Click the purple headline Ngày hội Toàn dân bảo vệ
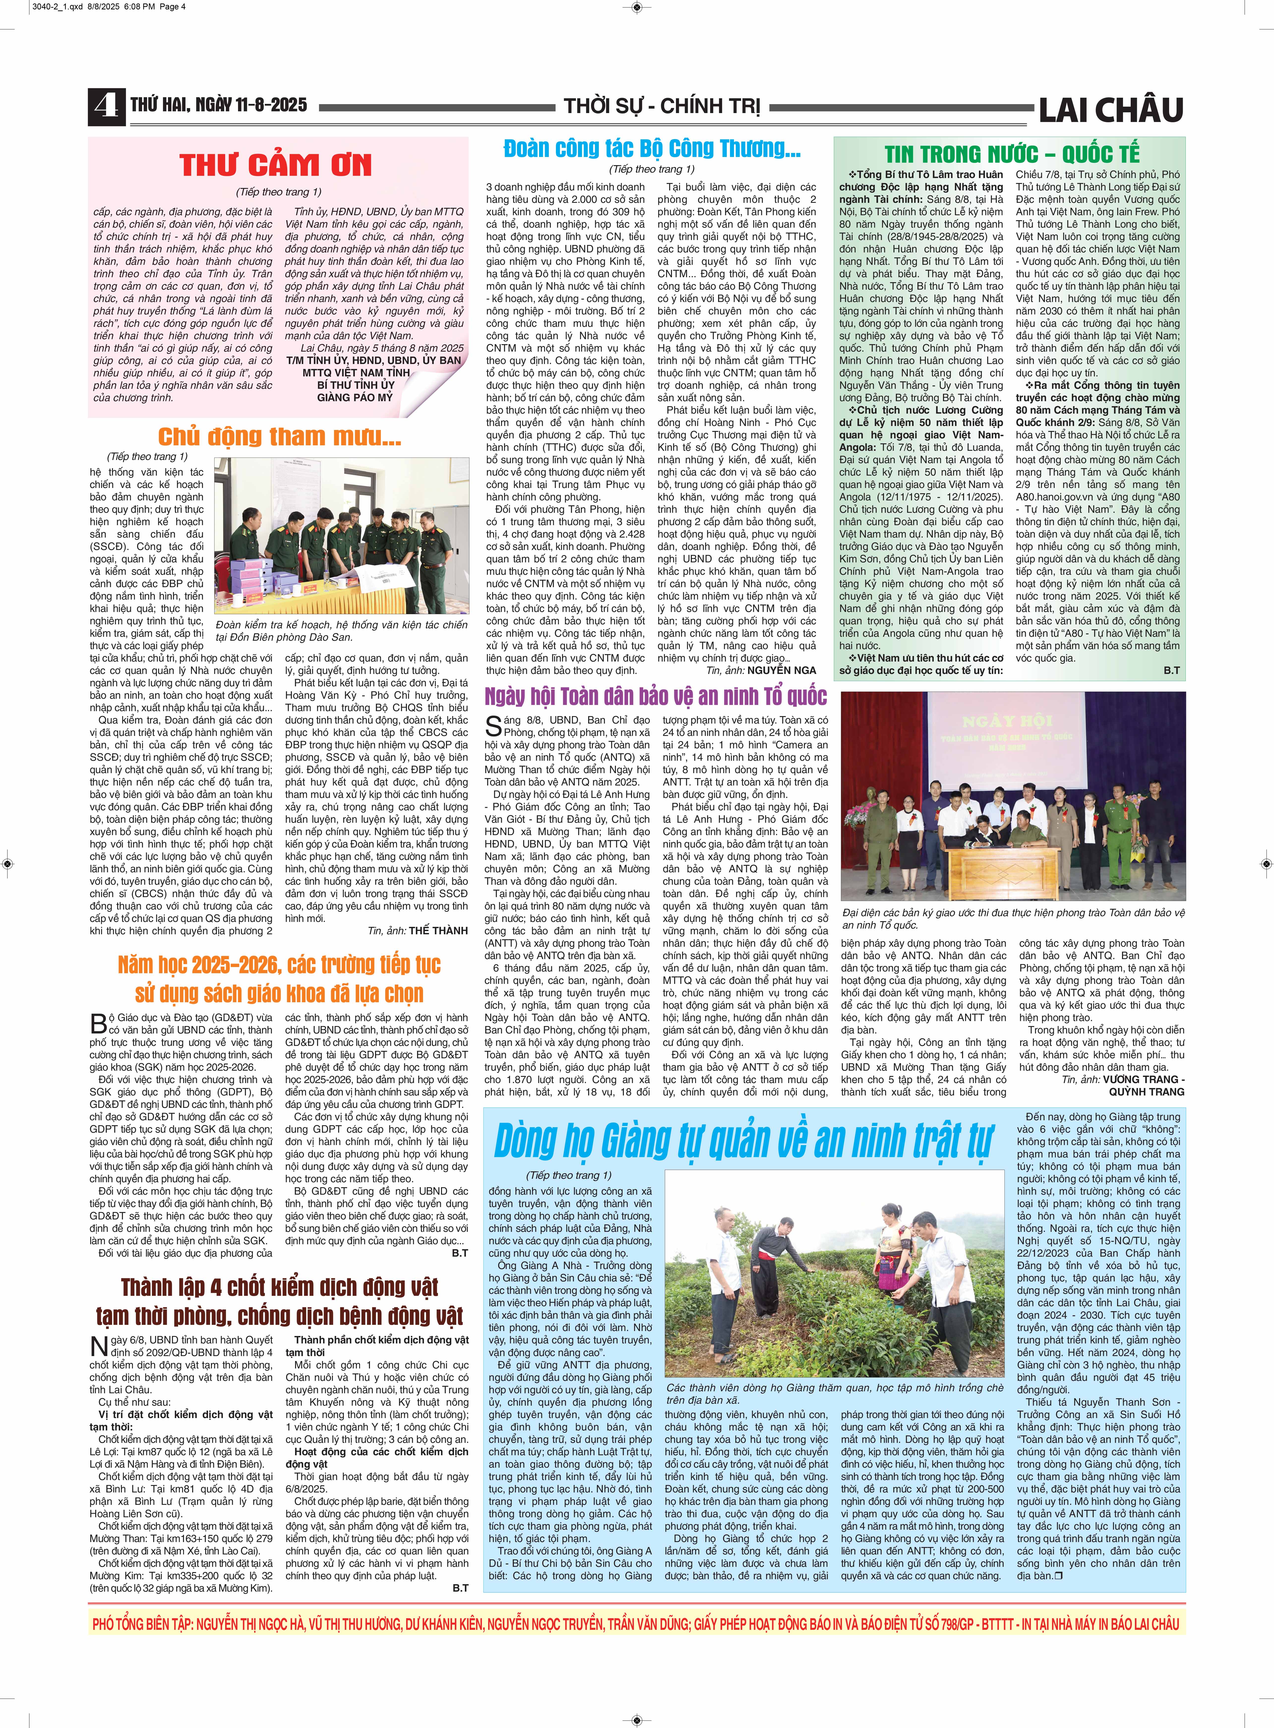pyautogui.click(x=656, y=696)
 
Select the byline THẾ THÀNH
pyautogui.click(x=438, y=931)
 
